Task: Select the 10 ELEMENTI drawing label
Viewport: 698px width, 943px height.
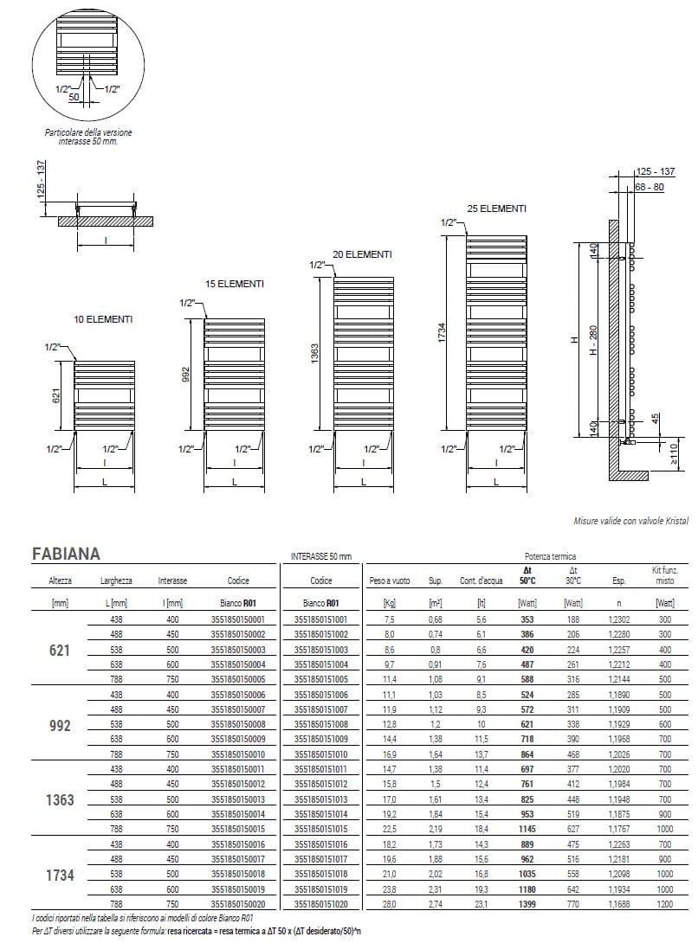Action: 103,320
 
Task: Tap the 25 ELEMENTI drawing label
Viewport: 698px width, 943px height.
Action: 495,208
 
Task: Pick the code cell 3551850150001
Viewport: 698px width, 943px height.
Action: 237,619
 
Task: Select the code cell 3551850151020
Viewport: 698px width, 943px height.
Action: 320,904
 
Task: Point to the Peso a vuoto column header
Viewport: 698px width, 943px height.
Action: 390,581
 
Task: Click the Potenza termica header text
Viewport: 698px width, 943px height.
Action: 550,557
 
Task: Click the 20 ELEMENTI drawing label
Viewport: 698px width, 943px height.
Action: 362,254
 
